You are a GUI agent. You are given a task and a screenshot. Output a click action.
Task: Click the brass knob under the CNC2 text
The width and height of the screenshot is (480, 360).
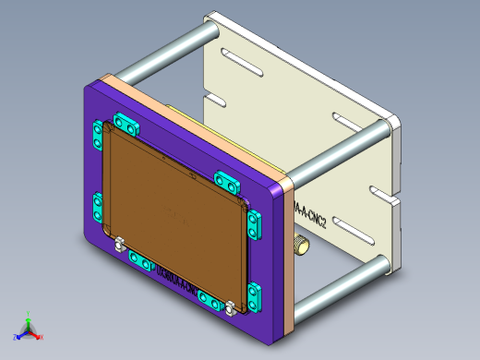pyautogui.click(x=301, y=246)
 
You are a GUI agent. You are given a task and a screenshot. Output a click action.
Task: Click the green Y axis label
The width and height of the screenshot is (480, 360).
pyautogui.click(x=29, y=324)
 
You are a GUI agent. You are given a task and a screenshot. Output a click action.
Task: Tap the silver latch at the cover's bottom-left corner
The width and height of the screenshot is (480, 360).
pyautogui.click(x=119, y=245)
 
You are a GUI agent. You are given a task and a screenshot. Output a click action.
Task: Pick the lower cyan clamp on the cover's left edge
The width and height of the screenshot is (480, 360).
pyautogui.click(x=97, y=207)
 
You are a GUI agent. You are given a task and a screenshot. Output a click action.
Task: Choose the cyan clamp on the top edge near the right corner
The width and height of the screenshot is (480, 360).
pyautogui.click(x=226, y=179)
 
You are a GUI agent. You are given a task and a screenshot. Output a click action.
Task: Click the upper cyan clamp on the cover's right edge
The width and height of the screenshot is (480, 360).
pyautogui.click(x=255, y=222)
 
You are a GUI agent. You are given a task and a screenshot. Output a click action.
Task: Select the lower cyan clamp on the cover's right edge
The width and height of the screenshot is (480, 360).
pyautogui.click(x=255, y=297)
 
